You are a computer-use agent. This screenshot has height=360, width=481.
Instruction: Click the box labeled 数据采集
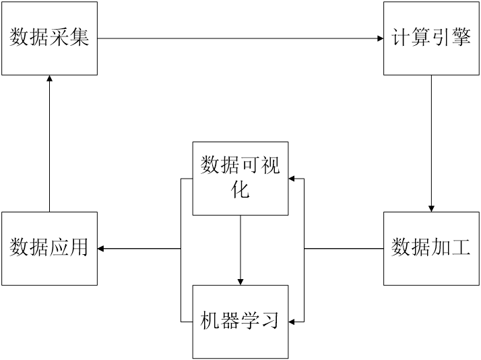click(49, 38)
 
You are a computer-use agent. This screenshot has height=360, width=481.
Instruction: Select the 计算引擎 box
click(431, 38)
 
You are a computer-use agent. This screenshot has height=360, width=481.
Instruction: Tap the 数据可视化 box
click(241, 178)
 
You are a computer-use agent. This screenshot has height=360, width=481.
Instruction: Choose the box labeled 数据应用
click(49, 248)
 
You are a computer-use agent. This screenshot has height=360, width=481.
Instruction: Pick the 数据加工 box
click(431, 248)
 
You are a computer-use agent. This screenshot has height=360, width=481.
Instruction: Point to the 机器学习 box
click(241, 322)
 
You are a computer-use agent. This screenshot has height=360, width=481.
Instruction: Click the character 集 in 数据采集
click(79, 38)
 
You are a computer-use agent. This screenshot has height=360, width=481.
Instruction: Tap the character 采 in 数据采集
click(59, 38)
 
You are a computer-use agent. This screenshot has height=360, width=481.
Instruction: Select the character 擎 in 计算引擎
click(461, 38)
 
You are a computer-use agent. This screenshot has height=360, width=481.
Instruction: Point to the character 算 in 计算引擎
click(421, 38)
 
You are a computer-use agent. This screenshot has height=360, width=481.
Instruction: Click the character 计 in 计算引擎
click(401, 38)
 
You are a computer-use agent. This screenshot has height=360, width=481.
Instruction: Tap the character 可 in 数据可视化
click(251, 166)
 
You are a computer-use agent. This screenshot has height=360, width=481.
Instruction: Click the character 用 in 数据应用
click(79, 248)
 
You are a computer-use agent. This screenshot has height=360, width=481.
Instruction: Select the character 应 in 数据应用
click(59, 248)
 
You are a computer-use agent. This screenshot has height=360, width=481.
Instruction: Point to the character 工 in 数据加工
click(461, 248)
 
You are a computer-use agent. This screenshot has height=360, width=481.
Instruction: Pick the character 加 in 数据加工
click(441, 248)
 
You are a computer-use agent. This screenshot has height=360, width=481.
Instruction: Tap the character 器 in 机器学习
click(230, 322)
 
